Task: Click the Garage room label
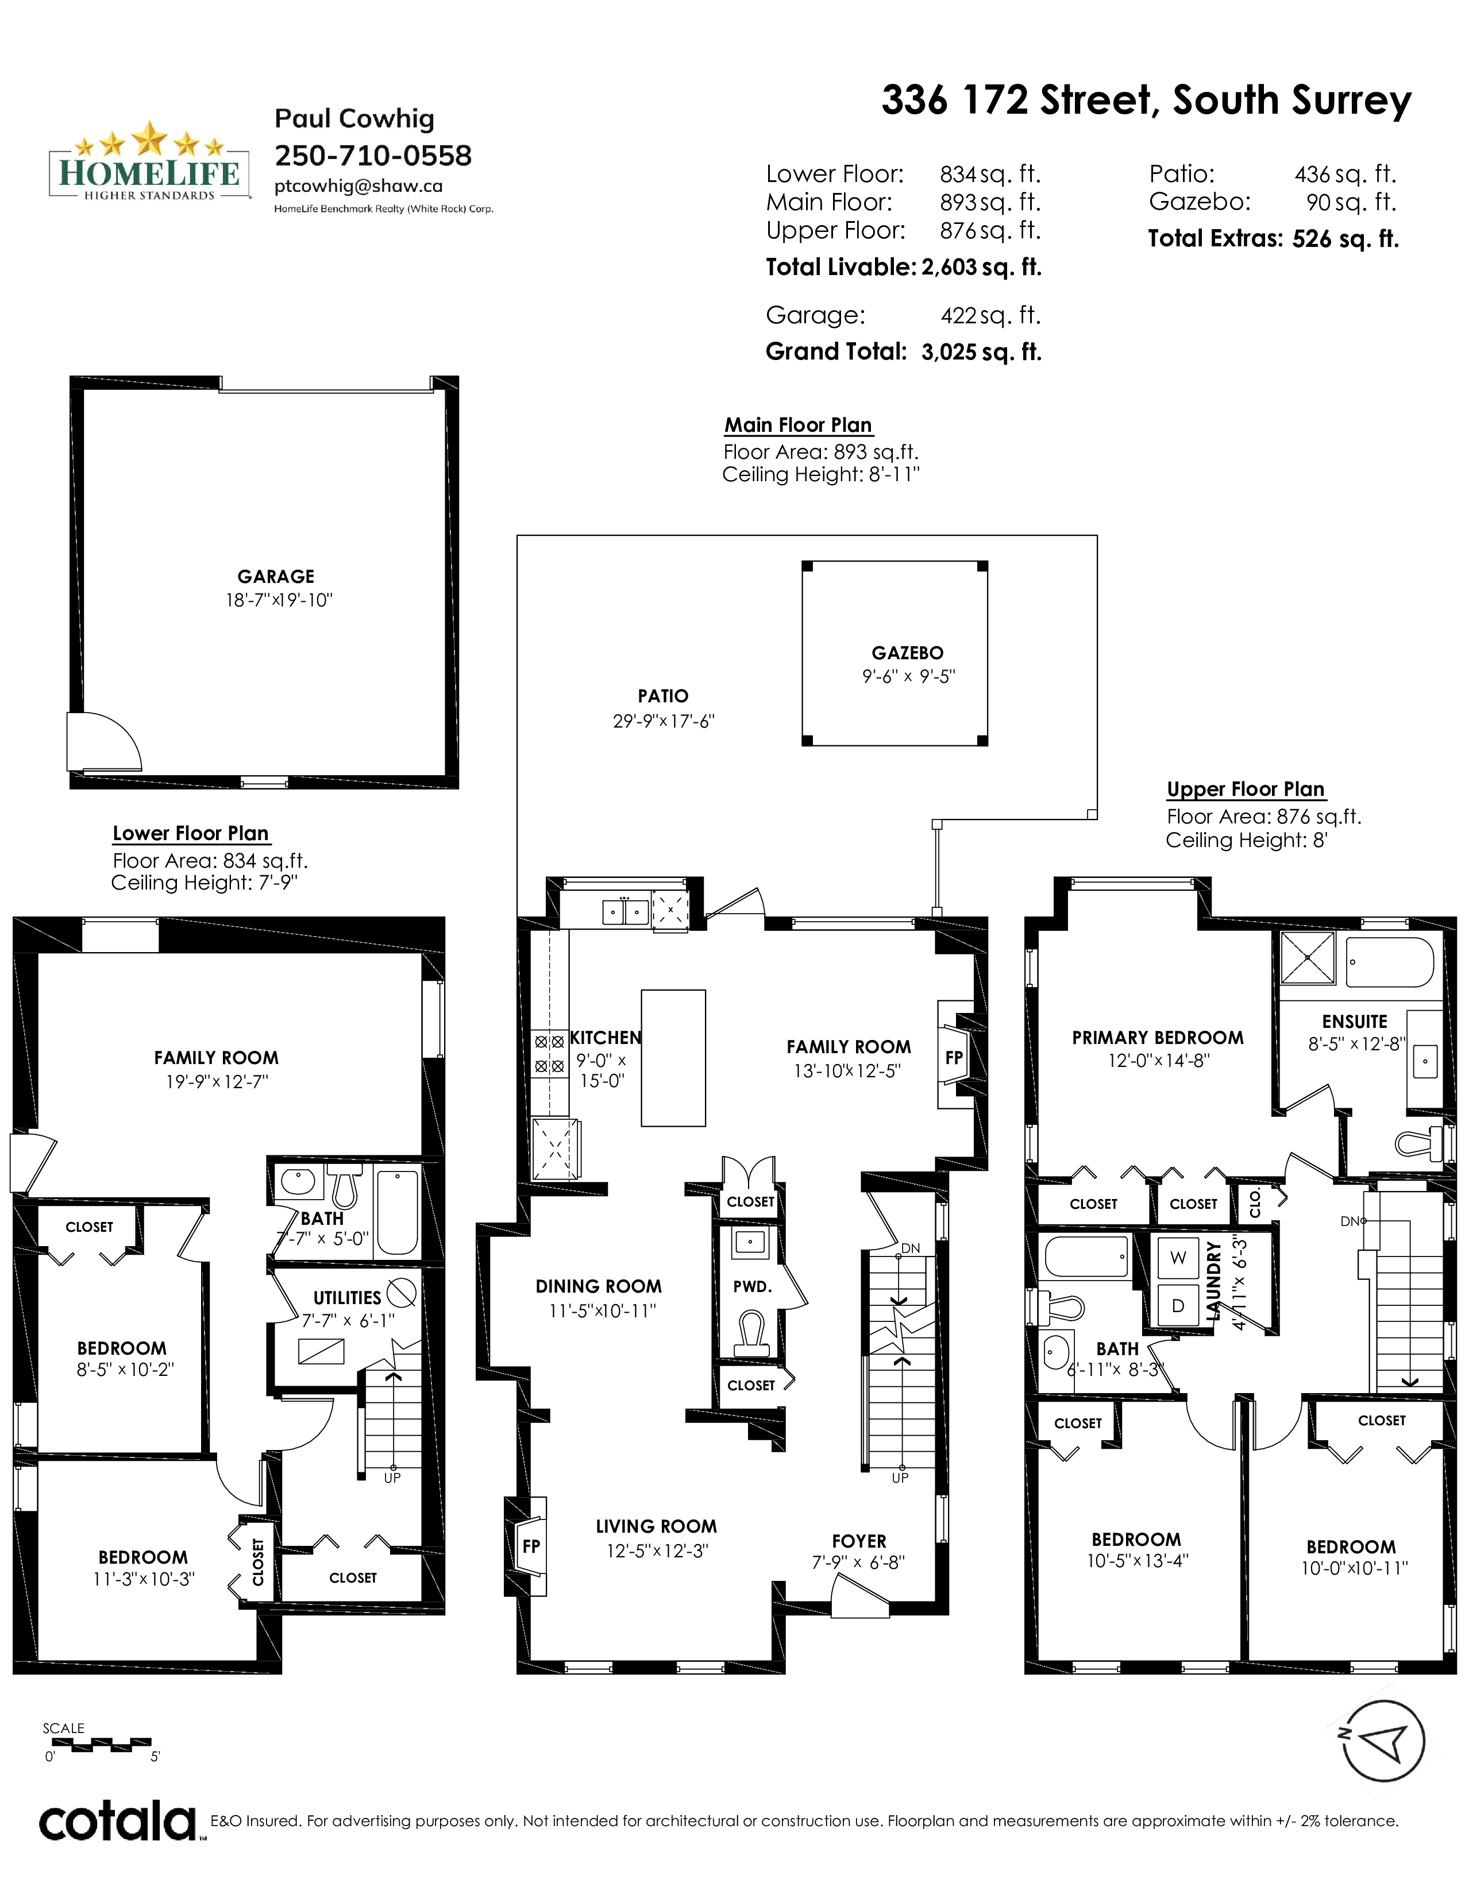[276, 576]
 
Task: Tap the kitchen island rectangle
[673, 1058]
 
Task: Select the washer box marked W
[1178, 1258]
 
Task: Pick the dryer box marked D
[1178, 1305]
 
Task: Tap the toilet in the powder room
[751, 1335]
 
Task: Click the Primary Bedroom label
[1158, 1038]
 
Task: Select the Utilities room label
[347, 1298]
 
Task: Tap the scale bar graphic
[98, 1744]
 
